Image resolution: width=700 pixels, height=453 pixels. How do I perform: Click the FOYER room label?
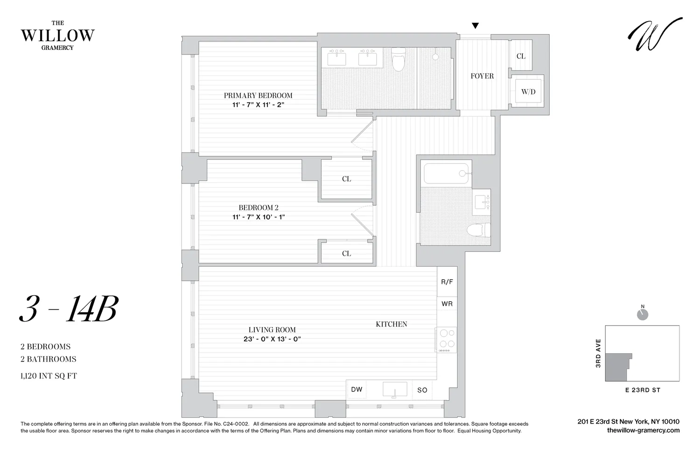[482, 76]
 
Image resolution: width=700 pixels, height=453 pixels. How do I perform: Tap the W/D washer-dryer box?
[528, 91]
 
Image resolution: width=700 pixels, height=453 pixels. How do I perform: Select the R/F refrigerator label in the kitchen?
[447, 282]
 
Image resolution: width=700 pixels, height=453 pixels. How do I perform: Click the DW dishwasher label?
[357, 390]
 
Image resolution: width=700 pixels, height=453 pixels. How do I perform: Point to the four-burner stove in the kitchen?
[447, 339]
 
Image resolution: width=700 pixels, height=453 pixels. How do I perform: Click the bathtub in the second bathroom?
[446, 173]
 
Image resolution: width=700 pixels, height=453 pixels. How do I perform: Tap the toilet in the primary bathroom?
[398, 60]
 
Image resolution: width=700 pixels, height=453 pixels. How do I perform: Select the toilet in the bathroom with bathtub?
[479, 230]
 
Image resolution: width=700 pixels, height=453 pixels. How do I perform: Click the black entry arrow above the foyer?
[475, 26]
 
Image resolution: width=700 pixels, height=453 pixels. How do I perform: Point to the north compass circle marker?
[643, 314]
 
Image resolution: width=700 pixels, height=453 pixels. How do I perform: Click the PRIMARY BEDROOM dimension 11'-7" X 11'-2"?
[258, 105]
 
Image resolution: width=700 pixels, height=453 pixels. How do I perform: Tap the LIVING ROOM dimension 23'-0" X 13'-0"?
[272, 339]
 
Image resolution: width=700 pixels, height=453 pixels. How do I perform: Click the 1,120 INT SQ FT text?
[49, 376]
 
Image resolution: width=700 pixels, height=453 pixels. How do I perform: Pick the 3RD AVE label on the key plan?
[598, 353]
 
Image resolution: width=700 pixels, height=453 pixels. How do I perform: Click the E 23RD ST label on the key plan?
[643, 390]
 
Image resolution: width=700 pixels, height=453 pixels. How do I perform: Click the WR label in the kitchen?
[447, 304]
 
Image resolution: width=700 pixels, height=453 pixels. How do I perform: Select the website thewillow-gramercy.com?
[643, 431]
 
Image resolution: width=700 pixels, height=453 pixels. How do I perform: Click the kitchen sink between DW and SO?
[394, 390]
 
